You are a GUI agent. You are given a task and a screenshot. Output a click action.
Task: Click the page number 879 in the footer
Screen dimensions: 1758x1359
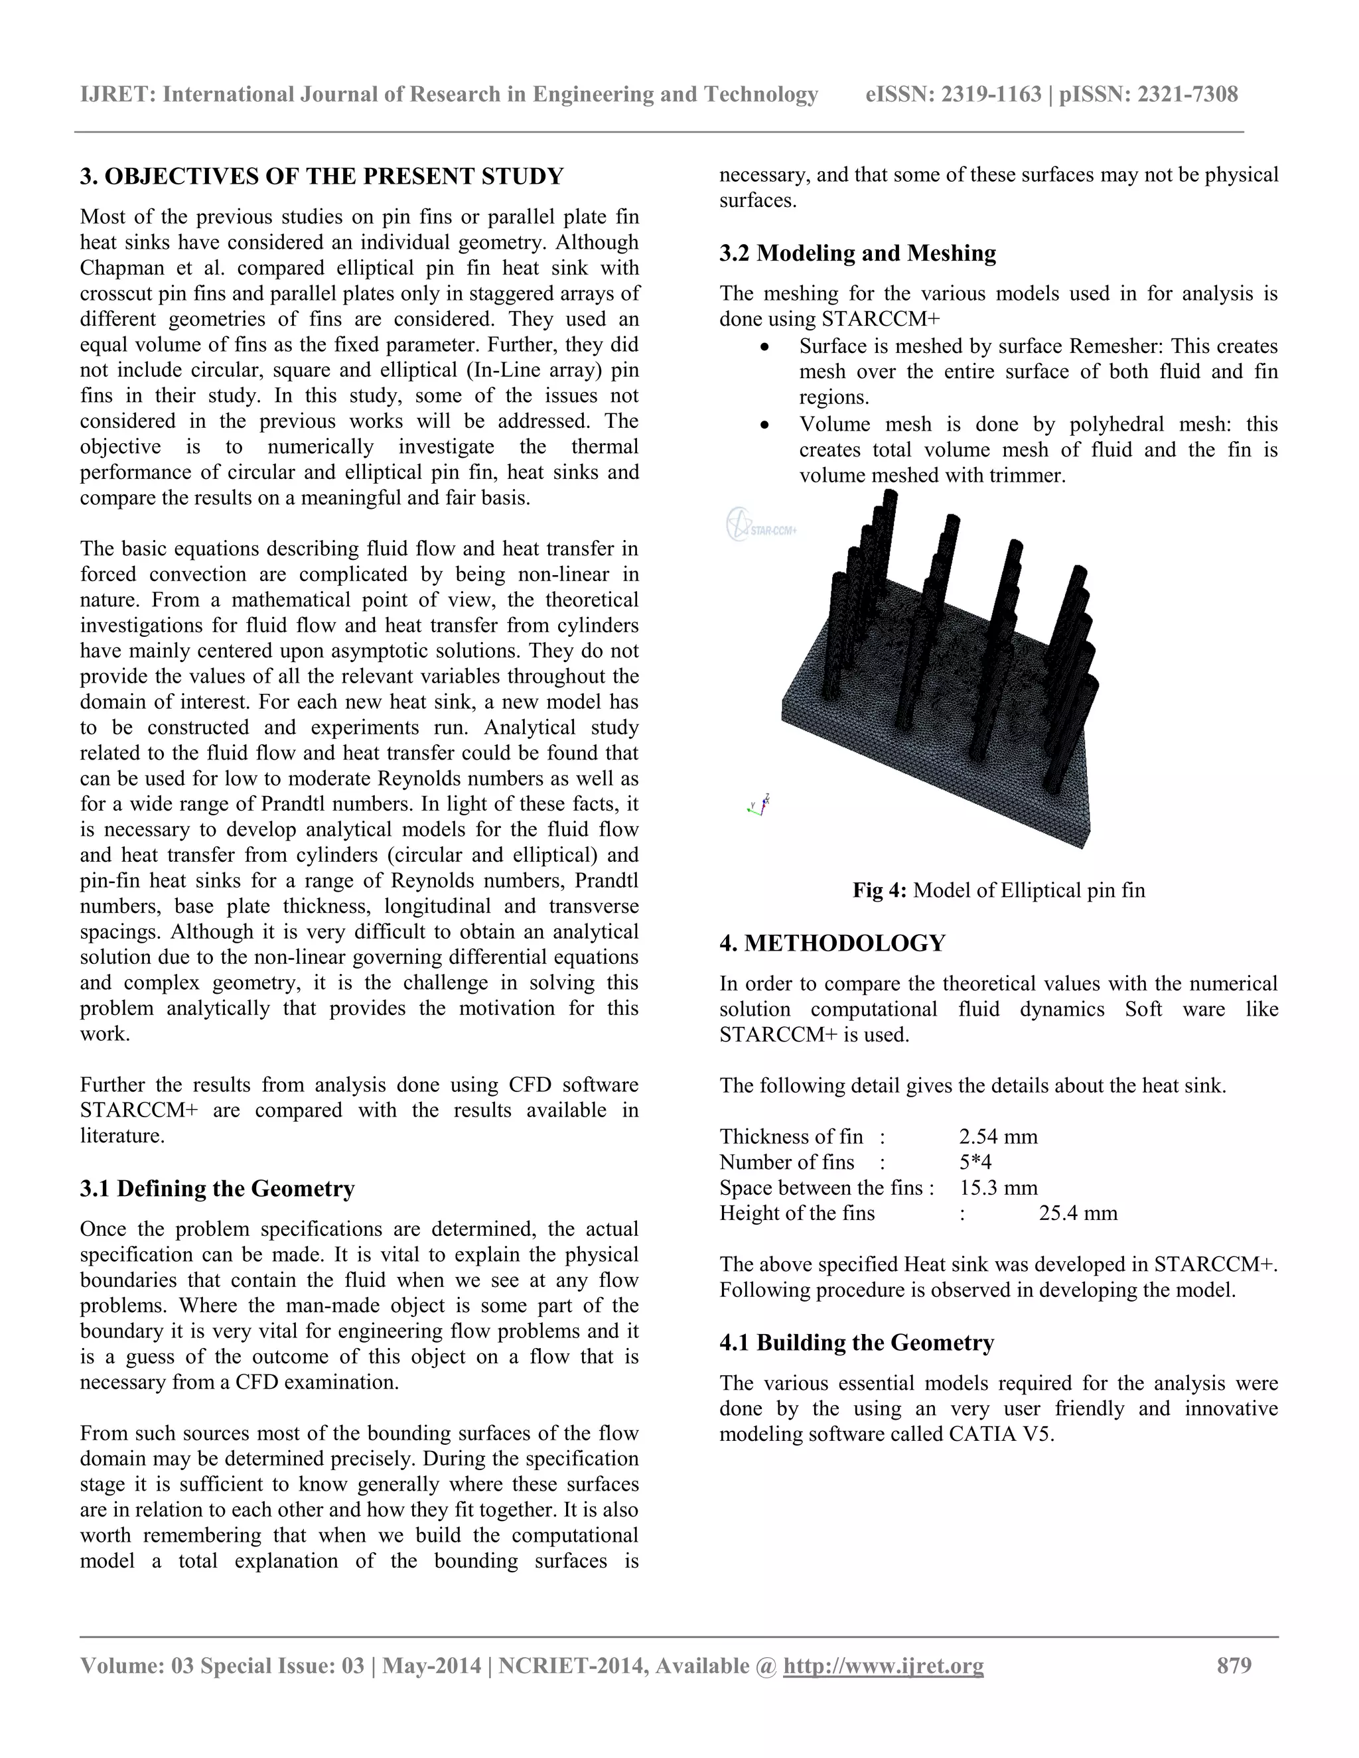tap(1234, 1664)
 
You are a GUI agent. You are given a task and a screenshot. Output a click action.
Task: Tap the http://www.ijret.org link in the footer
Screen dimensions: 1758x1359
tap(883, 1664)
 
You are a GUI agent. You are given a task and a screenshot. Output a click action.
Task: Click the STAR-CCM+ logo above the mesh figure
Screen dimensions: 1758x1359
tap(761, 525)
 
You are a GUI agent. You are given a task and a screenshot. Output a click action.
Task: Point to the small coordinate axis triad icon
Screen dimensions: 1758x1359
tap(758, 804)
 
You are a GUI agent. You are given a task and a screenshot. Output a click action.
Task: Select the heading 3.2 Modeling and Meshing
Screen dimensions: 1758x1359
tap(857, 253)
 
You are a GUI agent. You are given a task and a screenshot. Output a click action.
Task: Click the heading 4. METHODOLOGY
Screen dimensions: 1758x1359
tap(833, 943)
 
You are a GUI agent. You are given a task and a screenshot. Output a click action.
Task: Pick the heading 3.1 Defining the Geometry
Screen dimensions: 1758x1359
tap(218, 1188)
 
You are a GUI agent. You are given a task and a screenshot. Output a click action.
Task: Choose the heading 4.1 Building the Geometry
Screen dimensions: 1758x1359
tap(857, 1342)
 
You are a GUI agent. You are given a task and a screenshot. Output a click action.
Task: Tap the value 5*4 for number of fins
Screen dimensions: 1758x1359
tap(975, 1162)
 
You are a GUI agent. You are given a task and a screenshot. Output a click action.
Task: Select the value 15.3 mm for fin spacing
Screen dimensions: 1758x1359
tap(998, 1188)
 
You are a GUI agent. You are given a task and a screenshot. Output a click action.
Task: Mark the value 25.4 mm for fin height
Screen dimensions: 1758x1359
tap(1078, 1213)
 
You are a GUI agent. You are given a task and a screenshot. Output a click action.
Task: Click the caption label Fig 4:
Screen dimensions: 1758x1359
tap(880, 890)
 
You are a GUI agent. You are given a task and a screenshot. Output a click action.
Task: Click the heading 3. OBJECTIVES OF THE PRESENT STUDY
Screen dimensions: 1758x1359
tap(322, 176)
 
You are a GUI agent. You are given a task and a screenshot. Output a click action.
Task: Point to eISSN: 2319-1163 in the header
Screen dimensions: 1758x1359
tap(954, 95)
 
